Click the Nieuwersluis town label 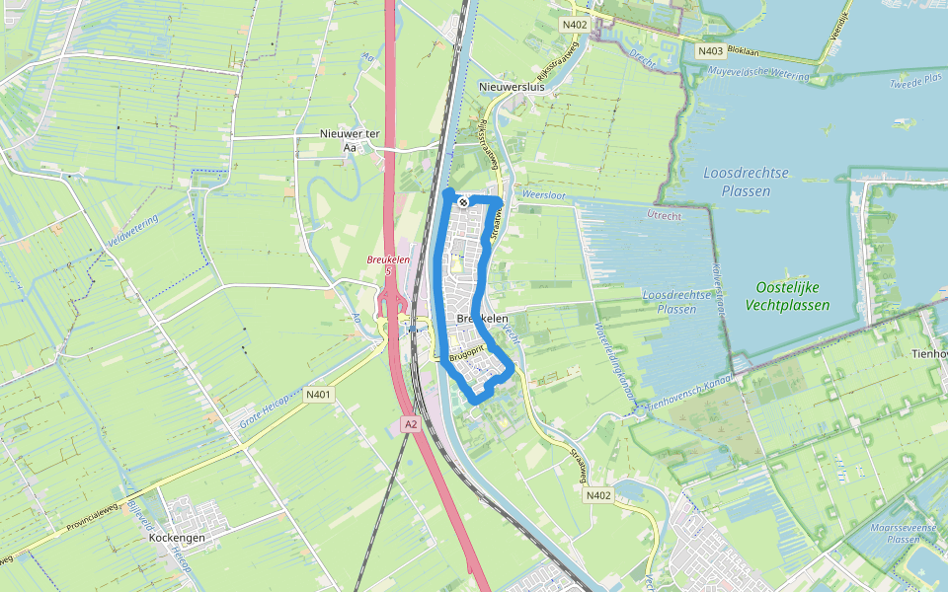pos(512,88)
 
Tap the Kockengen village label pos(177,539)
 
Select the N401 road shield pos(318,395)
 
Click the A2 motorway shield pos(411,424)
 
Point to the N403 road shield pos(709,51)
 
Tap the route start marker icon pos(462,202)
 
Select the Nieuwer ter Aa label pos(343,140)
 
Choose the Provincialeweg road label pos(95,505)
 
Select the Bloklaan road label pos(747,48)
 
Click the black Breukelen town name pos(483,319)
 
